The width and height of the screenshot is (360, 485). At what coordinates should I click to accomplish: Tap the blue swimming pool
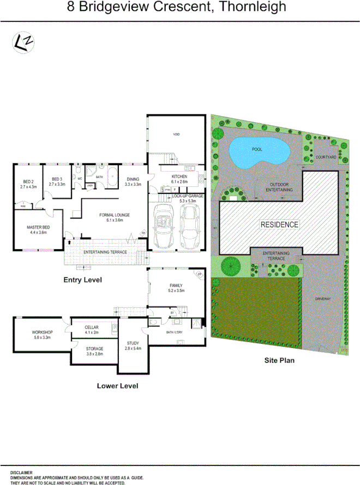tap(257, 152)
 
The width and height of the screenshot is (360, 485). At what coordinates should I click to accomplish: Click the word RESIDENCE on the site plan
tap(279, 225)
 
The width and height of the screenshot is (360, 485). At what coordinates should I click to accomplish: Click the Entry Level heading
tap(83, 280)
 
